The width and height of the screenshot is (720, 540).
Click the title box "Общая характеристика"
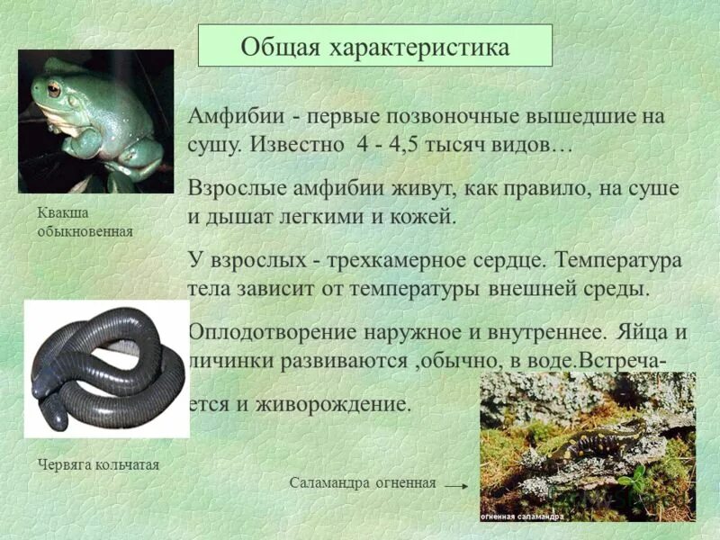click(x=374, y=45)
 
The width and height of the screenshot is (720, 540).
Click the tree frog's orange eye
click(x=54, y=90)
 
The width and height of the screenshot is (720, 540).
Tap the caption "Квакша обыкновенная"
click(x=85, y=222)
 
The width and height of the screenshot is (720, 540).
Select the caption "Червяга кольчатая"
click(x=99, y=464)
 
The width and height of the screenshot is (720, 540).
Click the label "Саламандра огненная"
click(x=362, y=482)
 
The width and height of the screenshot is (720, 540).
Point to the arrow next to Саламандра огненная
click(x=457, y=484)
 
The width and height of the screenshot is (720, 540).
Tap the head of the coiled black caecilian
click(x=50, y=415)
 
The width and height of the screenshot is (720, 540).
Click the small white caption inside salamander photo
click(x=522, y=517)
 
